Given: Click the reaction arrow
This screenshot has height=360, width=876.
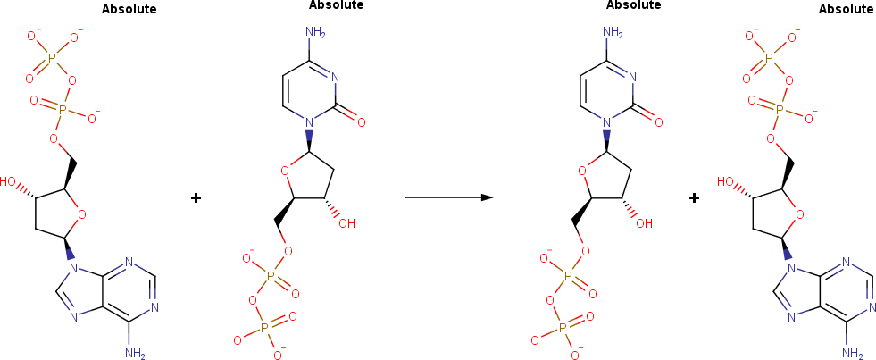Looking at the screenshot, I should coord(449,197).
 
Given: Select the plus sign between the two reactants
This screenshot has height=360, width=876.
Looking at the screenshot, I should coord(196,197).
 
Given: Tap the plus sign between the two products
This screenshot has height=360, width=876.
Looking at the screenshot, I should coord(694,197).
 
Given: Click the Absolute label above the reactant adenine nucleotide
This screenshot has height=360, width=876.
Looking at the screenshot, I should coord(129,10).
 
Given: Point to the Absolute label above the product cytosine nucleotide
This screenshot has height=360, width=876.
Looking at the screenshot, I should coord(633,5).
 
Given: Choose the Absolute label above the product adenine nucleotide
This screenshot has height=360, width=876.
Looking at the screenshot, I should coord(846,10).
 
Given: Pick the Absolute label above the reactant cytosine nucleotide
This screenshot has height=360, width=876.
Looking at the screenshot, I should coord(336,5).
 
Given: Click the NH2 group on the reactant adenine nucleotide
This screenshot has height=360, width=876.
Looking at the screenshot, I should coord(135,353).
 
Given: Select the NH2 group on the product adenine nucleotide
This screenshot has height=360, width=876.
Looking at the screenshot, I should coord(852,354).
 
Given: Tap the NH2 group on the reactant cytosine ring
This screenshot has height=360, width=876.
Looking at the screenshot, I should coord(315,34).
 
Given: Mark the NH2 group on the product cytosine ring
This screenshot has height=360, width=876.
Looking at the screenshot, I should coord(613,34).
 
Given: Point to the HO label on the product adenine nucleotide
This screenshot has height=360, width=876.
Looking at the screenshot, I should coord(728,181).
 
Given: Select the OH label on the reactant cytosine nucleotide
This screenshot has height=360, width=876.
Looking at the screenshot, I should coord(346,223).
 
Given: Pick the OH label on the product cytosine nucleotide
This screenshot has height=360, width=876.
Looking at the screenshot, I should coord(643,223).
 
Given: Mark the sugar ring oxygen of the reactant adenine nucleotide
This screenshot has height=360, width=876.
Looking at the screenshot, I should coord(82,213).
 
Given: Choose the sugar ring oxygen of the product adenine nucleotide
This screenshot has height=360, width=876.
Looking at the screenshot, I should coord(799,213).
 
